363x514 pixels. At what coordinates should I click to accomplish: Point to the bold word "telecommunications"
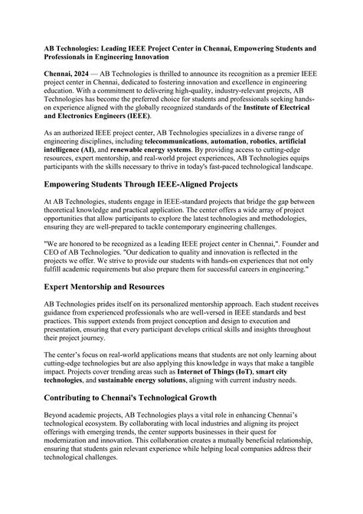point(184,143)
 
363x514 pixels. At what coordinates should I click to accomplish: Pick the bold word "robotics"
point(293,143)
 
